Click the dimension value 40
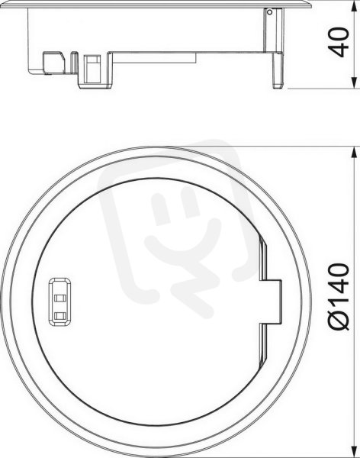tap(339, 43)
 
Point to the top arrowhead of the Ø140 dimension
tap(354, 153)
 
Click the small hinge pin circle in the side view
tap(270, 12)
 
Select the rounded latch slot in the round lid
tap(60, 302)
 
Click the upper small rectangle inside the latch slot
tap(60, 298)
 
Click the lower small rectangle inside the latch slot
tap(60, 315)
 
